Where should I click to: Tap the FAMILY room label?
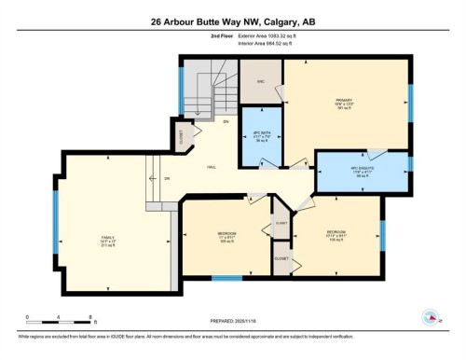click(108, 241)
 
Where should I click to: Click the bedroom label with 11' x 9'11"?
click(225, 236)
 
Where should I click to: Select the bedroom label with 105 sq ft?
click(336, 233)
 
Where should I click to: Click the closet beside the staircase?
click(180, 138)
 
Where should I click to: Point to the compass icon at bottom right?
click(432, 317)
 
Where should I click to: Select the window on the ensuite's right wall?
click(409, 166)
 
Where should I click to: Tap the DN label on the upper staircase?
click(226, 122)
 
